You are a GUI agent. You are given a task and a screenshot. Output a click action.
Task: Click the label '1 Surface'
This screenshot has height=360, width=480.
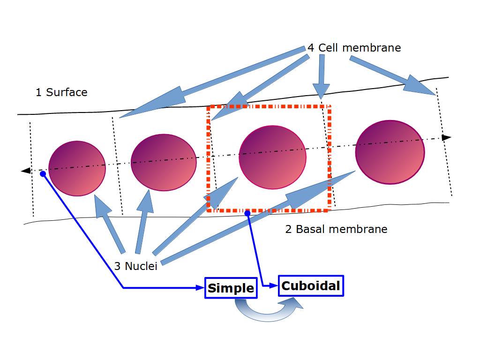point(61,92)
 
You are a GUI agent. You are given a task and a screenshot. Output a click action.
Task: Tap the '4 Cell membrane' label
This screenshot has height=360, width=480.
point(354,48)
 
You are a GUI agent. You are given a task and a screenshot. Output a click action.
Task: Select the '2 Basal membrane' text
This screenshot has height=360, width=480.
point(336,229)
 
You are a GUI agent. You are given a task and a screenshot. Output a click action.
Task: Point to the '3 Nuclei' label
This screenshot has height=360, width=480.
point(135,266)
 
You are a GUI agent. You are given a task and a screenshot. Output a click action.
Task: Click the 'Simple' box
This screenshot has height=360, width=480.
point(231,288)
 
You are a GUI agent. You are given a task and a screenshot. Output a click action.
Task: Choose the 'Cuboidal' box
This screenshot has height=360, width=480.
point(311,286)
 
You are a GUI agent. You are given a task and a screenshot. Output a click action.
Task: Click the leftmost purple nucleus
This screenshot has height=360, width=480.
point(77,168)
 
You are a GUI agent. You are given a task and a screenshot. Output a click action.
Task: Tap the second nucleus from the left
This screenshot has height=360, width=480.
point(163,162)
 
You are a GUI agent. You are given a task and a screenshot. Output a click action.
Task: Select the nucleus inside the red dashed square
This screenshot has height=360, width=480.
point(272,157)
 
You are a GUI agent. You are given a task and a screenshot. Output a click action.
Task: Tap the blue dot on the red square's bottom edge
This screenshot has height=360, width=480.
point(247,213)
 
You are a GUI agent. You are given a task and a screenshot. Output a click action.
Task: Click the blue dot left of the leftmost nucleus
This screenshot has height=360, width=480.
point(43,174)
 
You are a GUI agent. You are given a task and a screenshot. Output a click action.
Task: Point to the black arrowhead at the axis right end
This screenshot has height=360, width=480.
point(447,137)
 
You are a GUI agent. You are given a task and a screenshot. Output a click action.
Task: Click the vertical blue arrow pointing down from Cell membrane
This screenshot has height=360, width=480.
point(321,75)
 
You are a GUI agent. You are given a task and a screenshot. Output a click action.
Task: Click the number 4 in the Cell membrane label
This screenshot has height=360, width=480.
point(311,48)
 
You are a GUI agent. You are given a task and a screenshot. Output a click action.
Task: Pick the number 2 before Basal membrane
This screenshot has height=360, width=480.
point(289,229)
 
